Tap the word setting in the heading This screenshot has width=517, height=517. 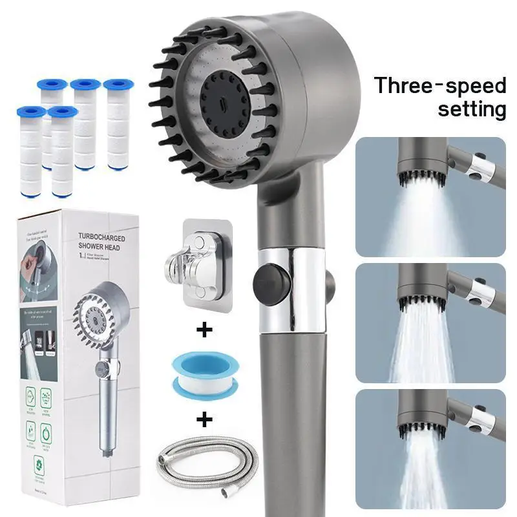472,108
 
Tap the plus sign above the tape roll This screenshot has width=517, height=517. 205,331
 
